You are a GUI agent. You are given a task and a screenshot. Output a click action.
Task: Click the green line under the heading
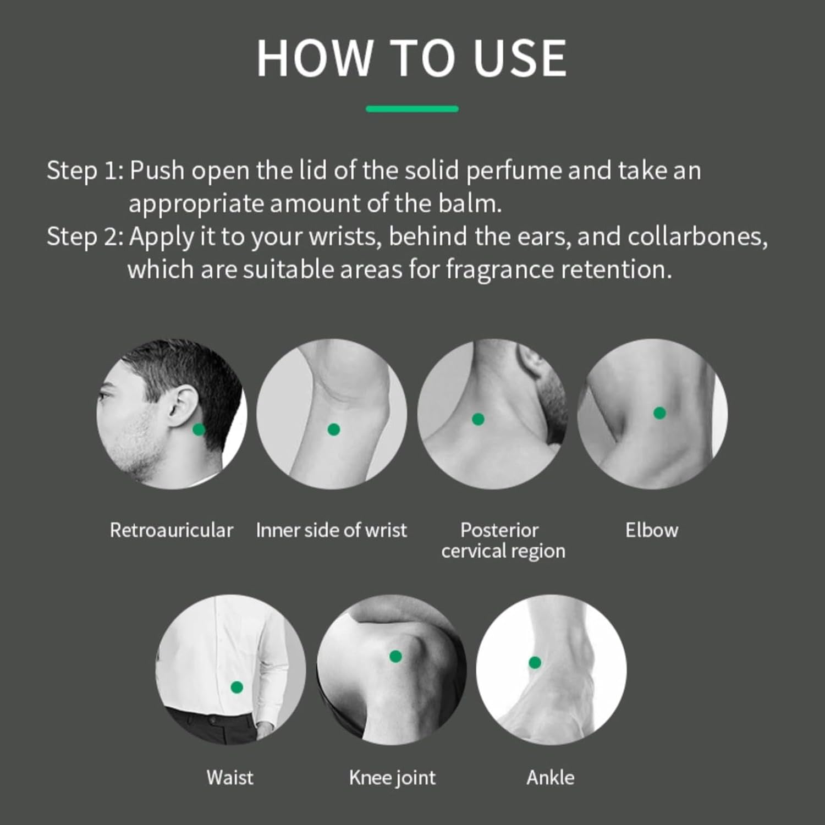coord(412,109)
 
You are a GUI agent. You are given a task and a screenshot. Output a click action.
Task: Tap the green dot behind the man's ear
coord(199,430)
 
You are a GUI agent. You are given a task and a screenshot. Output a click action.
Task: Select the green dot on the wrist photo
coord(333,430)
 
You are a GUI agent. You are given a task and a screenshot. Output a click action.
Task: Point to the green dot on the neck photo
coord(479,419)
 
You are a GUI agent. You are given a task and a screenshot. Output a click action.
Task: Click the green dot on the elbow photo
coord(659,413)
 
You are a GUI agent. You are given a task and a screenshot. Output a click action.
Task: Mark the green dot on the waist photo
coord(237,687)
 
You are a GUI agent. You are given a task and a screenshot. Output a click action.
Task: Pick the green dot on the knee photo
coord(395,656)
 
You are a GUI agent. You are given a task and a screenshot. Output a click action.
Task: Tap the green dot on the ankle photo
coord(535,663)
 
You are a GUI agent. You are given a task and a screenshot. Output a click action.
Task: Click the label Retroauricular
coord(172,530)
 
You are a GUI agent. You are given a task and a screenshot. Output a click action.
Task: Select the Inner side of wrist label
coord(332,530)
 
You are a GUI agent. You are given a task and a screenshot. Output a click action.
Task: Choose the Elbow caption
coord(652,530)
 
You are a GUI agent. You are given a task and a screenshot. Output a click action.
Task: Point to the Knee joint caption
coord(392,778)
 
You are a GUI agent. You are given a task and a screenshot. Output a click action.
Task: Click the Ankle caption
coord(551,778)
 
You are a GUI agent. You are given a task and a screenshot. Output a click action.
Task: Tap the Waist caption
coord(230,778)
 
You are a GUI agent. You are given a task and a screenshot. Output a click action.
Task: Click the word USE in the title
coord(520,58)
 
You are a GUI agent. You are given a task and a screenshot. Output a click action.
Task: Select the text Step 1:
coord(85,170)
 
